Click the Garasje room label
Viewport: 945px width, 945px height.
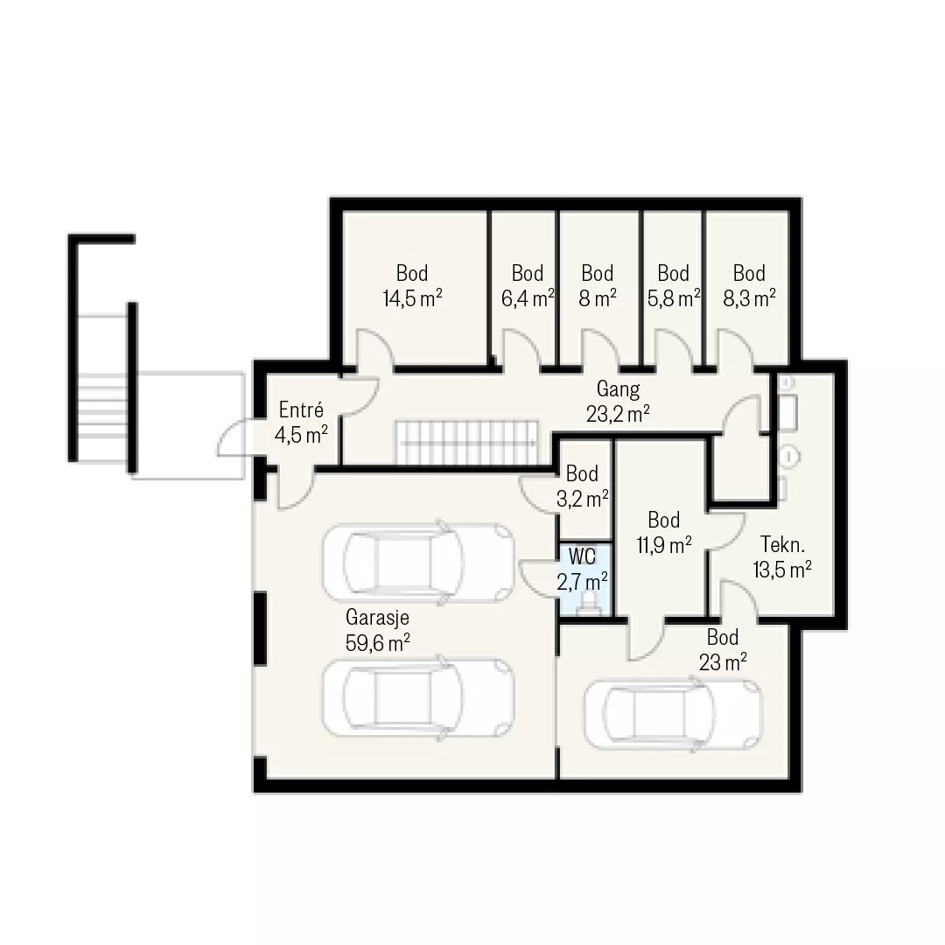point(377,617)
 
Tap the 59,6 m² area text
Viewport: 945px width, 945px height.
point(378,642)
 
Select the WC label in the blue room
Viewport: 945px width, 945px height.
point(582,556)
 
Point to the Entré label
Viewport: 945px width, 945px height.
point(301,409)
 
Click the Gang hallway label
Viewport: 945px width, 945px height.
point(618,389)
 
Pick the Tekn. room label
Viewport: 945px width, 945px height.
point(782,544)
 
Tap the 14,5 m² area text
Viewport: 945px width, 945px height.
point(412,297)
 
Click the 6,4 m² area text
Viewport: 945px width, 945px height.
point(528,297)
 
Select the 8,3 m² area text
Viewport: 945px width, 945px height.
point(749,297)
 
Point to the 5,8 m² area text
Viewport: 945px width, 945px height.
point(674,297)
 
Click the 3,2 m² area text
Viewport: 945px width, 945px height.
point(582,499)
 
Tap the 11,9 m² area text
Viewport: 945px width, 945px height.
point(664,545)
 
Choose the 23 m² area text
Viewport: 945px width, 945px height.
point(723,662)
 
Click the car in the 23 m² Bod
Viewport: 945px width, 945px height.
point(674,715)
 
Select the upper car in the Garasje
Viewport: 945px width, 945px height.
point(418,563)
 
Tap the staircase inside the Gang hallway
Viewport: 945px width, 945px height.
point(466,443)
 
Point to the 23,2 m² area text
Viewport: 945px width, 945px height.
point(618,414)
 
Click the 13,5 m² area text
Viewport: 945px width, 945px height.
point(782,569)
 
